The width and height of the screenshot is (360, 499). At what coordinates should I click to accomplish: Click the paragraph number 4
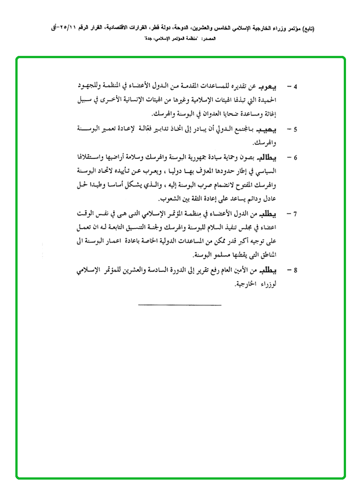pos(295,86)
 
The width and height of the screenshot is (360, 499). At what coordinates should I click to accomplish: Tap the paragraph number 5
pos(295,130)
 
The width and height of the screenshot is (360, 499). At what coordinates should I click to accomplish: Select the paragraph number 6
pos(295,158)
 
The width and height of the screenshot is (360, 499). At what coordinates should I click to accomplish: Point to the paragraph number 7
pos(295,213)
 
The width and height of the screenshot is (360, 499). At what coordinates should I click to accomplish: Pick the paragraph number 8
pos(295,270)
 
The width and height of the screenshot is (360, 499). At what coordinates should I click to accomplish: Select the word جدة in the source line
pos(146,39)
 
